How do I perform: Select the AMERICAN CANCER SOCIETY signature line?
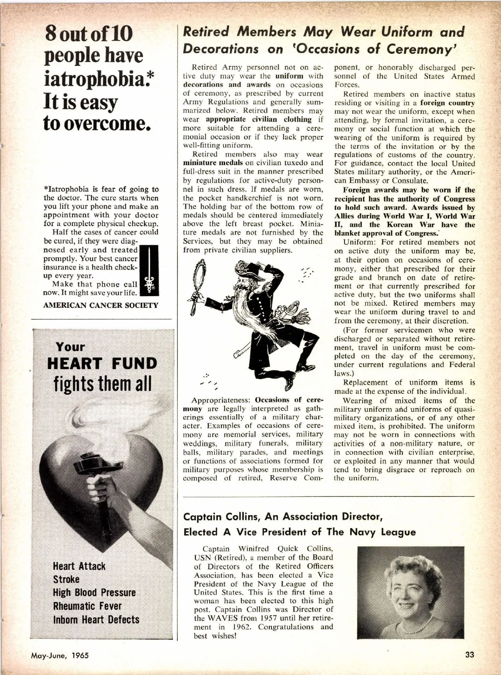coord(101,305)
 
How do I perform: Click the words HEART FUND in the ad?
coord(102,363)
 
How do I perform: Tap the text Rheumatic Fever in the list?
coord(87,606)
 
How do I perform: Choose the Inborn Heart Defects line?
coord(96,620)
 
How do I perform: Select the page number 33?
coord(470,655)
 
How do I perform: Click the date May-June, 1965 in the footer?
coord(60,655)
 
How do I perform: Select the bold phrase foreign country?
coord(448,103)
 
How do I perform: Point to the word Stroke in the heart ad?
coord(66,579)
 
